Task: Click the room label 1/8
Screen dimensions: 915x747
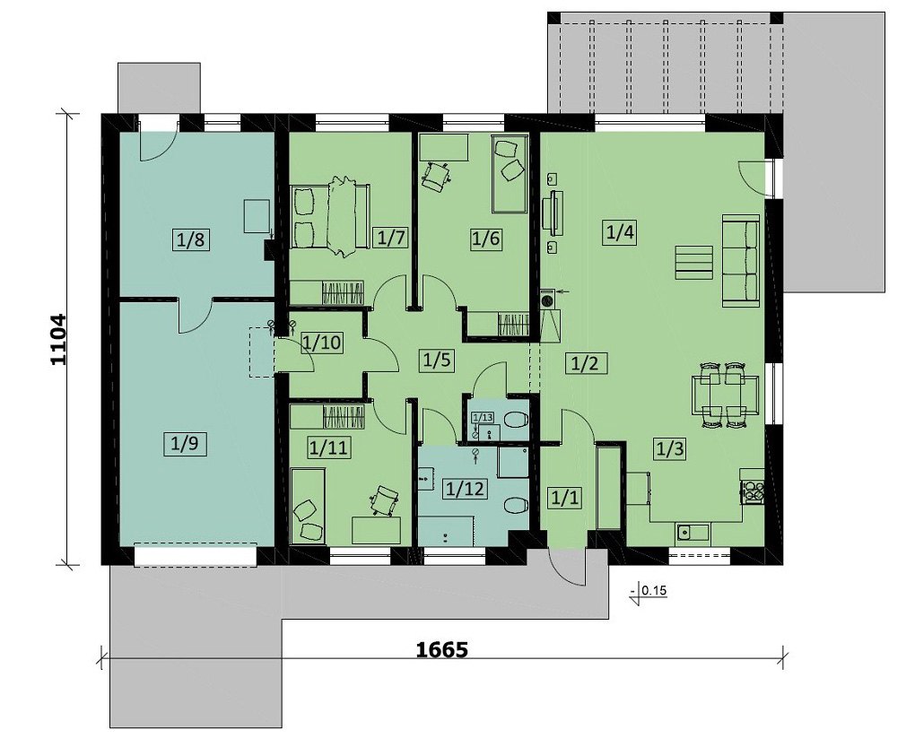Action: click(191, 239)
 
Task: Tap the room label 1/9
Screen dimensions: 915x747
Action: click(185, 444)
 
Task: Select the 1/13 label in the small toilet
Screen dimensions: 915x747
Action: click(483, 417)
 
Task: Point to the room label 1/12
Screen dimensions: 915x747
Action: click(465, 488)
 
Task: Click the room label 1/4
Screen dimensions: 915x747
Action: click(620, 233)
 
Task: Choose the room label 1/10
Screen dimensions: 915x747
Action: click(322, 342)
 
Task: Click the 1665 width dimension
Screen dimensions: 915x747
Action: click(441, 649)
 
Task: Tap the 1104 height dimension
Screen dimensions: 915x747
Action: click(59, 339)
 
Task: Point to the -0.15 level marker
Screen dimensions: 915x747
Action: click(649, 591)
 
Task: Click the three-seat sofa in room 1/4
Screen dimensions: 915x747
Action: click(741, 259)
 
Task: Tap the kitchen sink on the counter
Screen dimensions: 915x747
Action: click(693, 532)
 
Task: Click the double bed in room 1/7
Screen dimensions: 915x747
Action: click(330, 216)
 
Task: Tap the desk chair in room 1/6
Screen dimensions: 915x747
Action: click(435, 174)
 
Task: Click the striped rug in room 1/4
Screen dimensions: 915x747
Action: click(693, 263)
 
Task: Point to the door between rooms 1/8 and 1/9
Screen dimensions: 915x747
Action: click(196, 315)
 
